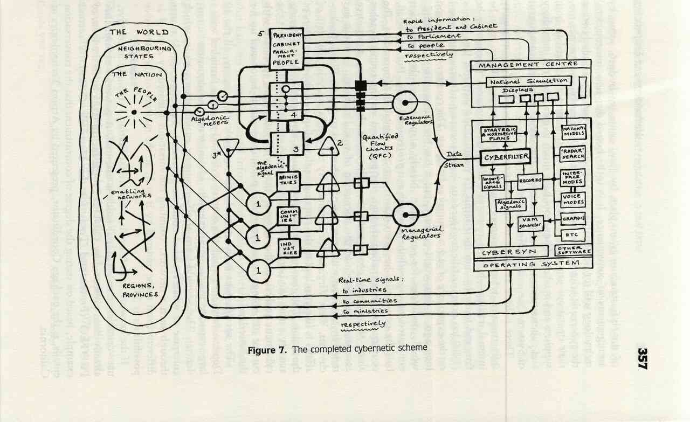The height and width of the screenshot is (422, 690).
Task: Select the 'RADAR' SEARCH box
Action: click(x=573, y=155)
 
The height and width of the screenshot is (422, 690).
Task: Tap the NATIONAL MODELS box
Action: click(x=574, y=133)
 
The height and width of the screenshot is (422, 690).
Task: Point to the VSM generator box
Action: click(x=529, y=223)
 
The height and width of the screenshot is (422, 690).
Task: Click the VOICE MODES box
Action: click(x=573, y=199)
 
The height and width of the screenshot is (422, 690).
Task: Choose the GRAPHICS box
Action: click(x=573, y=219)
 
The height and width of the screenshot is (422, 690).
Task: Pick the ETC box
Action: click(x=572, y=235)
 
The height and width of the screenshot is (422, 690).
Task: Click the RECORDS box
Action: click(x=530, y=182)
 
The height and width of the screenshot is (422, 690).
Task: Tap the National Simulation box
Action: click(x=528, y=82)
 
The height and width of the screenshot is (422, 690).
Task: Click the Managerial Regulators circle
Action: click(x=405, y=215)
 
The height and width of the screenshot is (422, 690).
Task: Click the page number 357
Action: click(x=643, y=358)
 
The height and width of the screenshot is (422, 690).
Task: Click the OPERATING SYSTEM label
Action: click(x=531, y=264)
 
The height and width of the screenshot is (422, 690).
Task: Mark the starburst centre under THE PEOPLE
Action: click(x=134, y=112)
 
